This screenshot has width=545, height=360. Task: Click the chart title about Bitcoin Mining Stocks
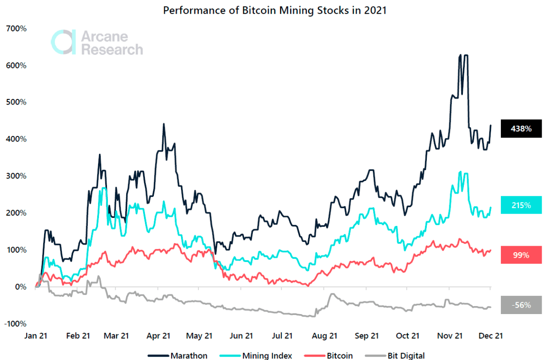click(x=274, y=10)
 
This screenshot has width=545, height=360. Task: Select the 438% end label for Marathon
click(x=521, y=128)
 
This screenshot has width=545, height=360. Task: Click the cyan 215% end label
click(x=521, y=205)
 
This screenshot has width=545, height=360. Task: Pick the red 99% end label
click(x=521, y=255)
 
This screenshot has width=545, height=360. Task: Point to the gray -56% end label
click(x=521, y=305)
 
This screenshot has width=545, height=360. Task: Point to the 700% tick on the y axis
click(x=16, y=29)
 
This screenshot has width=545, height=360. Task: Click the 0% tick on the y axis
click(x=20, y=286)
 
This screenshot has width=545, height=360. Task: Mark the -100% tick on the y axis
click(x=16, y=323)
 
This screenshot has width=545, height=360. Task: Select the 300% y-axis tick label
click(x=16, y=176)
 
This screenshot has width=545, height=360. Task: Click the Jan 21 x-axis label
click(x=36, y=336)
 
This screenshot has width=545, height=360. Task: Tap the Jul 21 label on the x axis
click(x=282, y=336)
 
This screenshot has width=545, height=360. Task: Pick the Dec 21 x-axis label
click(x=490, y=336)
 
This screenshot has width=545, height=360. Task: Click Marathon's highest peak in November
click(x=461, y=55)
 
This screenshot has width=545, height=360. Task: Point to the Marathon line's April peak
click(x=163, y=124)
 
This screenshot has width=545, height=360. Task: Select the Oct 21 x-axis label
click(x=408, y=336)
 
